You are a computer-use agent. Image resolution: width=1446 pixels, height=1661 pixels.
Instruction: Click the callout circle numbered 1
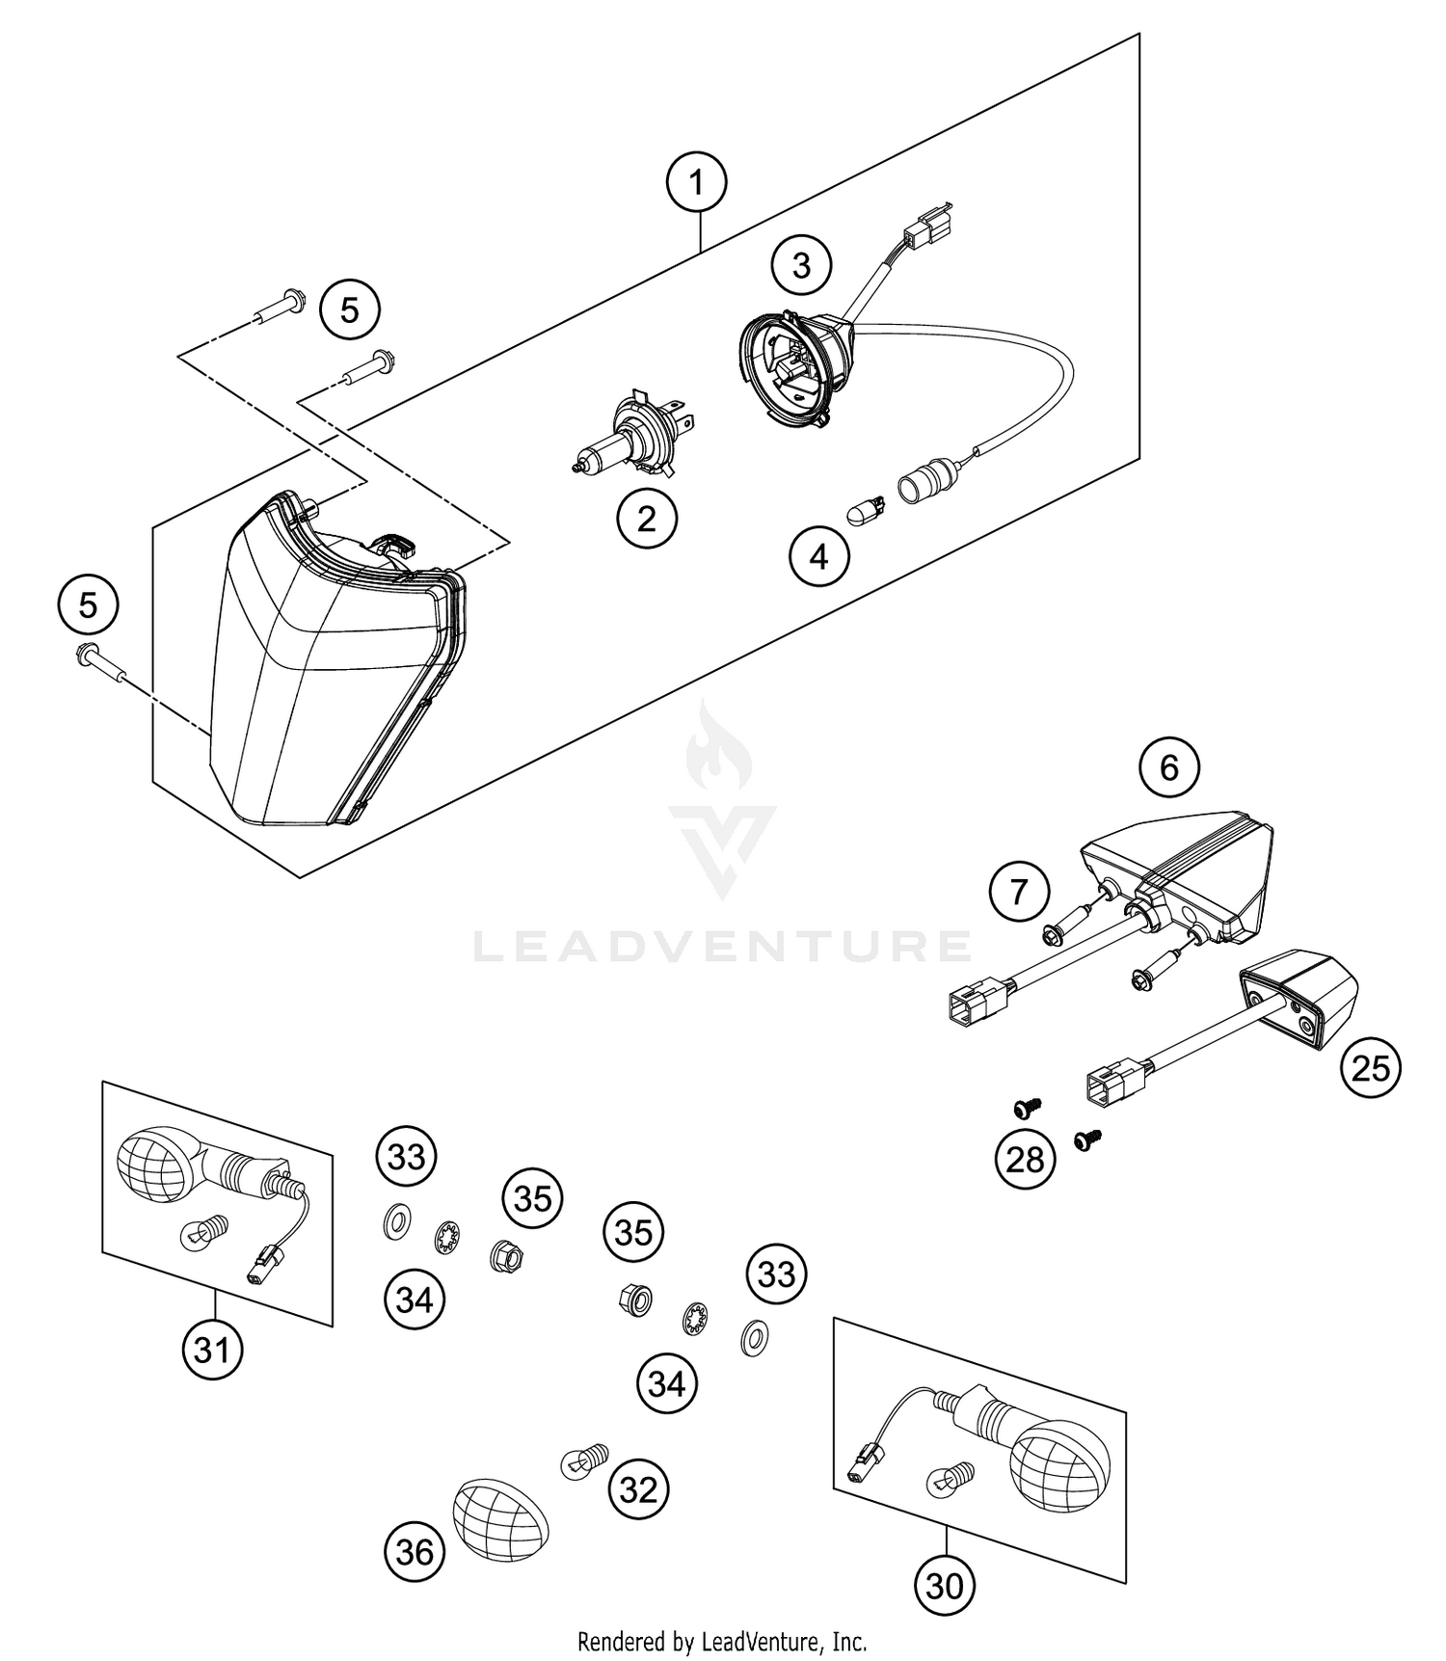click(696, 181)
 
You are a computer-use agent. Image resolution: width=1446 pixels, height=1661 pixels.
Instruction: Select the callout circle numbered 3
click(801, 264)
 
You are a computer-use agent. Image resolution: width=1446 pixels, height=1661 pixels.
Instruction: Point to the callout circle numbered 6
click(1168, 767)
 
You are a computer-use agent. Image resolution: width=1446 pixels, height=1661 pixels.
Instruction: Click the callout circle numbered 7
click(1019, 892)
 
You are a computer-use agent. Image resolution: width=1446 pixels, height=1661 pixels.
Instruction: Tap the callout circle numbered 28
click(1025, 1158)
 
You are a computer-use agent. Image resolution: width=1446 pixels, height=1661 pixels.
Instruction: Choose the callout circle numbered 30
click(945, 1585)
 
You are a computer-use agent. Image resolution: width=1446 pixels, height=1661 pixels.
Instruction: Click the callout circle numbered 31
click(212, 1350)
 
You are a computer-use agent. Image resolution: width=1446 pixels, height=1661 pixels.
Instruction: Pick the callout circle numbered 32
click(638, 1489)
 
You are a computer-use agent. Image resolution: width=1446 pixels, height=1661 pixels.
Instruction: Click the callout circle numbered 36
click(415, 1552)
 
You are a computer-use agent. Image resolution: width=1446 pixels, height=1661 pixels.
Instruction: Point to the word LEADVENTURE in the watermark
click(721, 946)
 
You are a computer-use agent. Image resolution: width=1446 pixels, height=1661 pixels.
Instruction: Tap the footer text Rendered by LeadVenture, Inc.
click(722, 1640)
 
